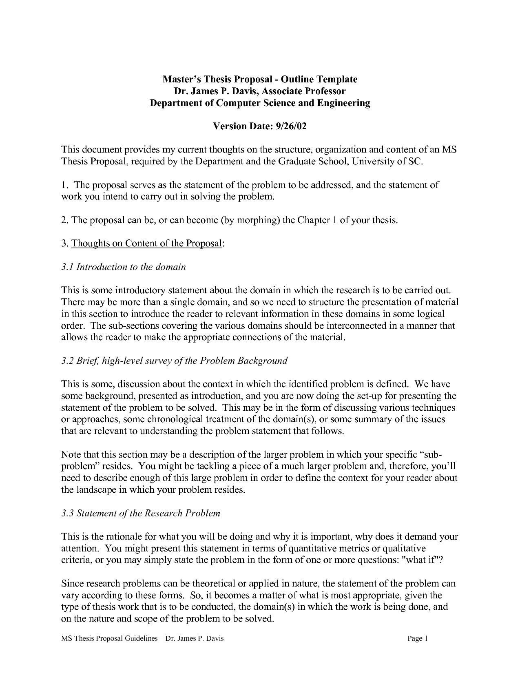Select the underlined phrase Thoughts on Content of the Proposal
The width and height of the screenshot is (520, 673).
coord(147,244)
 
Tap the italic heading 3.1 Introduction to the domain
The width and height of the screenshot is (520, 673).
coord(124,267)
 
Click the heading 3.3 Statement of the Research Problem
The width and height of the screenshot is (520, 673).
coord(141,513)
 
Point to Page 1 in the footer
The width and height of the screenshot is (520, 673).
coord(417,639)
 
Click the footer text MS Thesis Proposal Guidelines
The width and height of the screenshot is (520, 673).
coord(108,639)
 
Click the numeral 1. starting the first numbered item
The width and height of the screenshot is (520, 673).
coord(64,185)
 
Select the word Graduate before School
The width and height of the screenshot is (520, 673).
coord(298,162)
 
